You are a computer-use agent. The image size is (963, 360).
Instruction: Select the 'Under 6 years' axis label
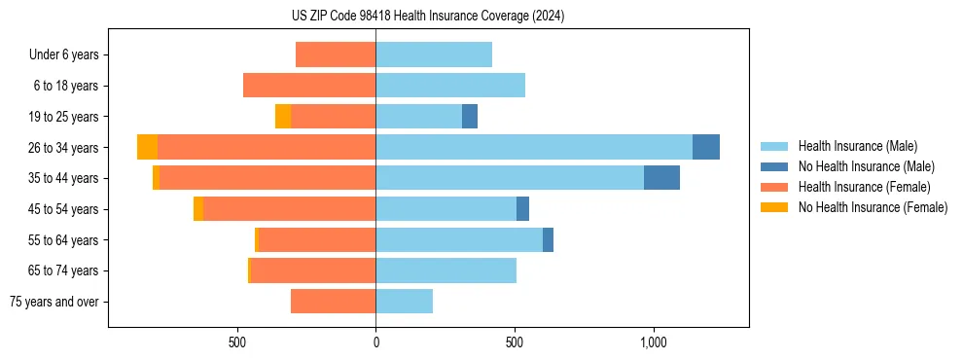point(64,54)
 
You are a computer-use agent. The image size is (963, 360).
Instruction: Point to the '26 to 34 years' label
point(64,148)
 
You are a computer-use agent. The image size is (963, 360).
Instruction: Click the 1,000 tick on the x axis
point(653,342)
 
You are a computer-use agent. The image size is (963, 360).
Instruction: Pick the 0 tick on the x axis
point(375,342)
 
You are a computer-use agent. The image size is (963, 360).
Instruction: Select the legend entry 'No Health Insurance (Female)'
point(873,207)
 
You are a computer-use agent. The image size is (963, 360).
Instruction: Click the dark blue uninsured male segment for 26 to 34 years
point(706,147)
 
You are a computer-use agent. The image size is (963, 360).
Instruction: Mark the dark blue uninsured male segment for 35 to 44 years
point(661,178)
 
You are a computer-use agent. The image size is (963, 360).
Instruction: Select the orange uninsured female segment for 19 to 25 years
point(283,117)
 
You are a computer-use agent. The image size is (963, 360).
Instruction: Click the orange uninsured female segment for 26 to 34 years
point(147,147)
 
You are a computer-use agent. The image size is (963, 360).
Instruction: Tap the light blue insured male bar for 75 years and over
point(404,302)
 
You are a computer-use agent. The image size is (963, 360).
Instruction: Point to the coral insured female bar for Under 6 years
point(336,54)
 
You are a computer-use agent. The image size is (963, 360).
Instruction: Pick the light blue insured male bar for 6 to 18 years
point(450,86)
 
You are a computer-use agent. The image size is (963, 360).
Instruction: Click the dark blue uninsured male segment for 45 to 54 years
point(522,209)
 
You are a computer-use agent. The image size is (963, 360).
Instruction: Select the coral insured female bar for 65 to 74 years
point(313,270)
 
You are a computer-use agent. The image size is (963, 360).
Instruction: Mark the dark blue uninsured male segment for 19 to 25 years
point(470,117)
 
